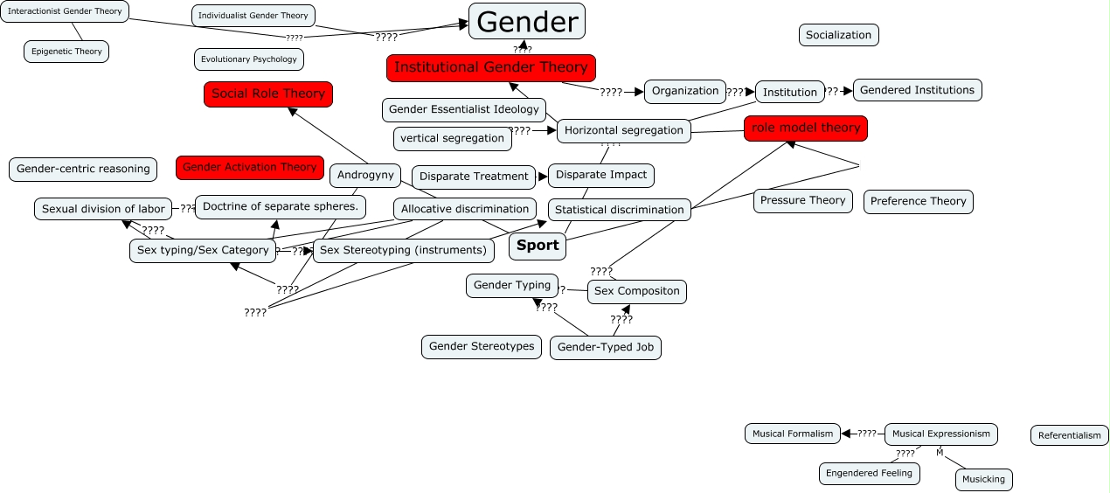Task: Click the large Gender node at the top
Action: click(x=527, y=22)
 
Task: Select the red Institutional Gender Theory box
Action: click(x=491, y=67)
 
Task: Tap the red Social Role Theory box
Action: click(x=268, y=94)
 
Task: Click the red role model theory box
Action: click(x=806, y=128)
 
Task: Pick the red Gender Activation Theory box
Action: click(x=250, y=167)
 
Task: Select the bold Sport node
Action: click(x=538, y=246)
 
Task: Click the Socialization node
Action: click(x=838, y=35)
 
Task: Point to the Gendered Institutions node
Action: click(x=917, y=90)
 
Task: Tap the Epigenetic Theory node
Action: click(x=66, y=52)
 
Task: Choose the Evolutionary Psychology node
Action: click(x=249, y=59)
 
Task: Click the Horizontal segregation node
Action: click(x=623, y=130)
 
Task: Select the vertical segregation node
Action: click(x=453, y=138)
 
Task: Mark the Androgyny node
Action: click(x=366, y=175)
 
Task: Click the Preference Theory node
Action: click(x=918, y=201)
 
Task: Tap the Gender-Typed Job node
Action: click(x=605, y=347)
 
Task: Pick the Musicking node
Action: click(x=983, y=479)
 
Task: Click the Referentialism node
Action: click(x=1070, y=435)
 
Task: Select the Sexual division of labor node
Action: click(x=103, y=209)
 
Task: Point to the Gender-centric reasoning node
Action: click(x=83, y=169)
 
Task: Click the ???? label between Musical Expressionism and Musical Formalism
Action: click(x=866, y=434)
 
